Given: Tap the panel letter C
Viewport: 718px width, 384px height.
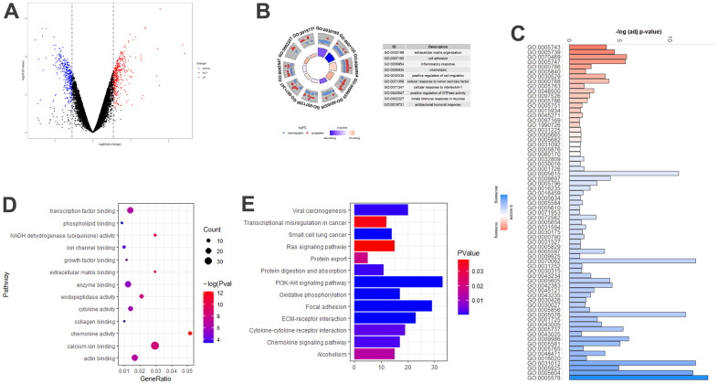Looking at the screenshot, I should pyautogui.click(x=519, y=33).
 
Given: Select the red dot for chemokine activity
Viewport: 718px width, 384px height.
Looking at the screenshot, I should pyautogui.click(x=189, y=334).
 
